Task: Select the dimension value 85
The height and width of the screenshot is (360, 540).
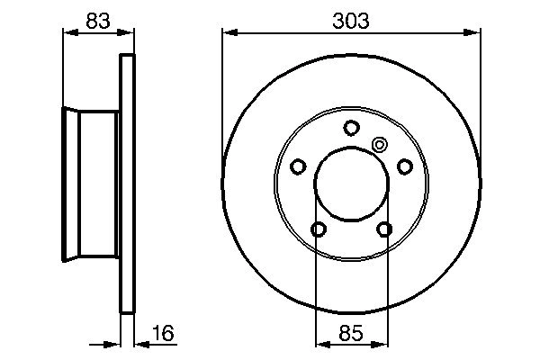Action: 351,334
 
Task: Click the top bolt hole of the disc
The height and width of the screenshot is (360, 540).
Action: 351,127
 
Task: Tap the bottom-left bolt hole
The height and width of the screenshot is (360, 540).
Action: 318,229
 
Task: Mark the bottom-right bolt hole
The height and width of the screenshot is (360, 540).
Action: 384,229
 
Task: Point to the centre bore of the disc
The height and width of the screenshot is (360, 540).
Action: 351,184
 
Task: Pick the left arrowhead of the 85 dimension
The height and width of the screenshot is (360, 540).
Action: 320,342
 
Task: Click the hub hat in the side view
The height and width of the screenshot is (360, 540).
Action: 90,184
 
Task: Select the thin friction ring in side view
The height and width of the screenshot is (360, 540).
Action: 127,184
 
